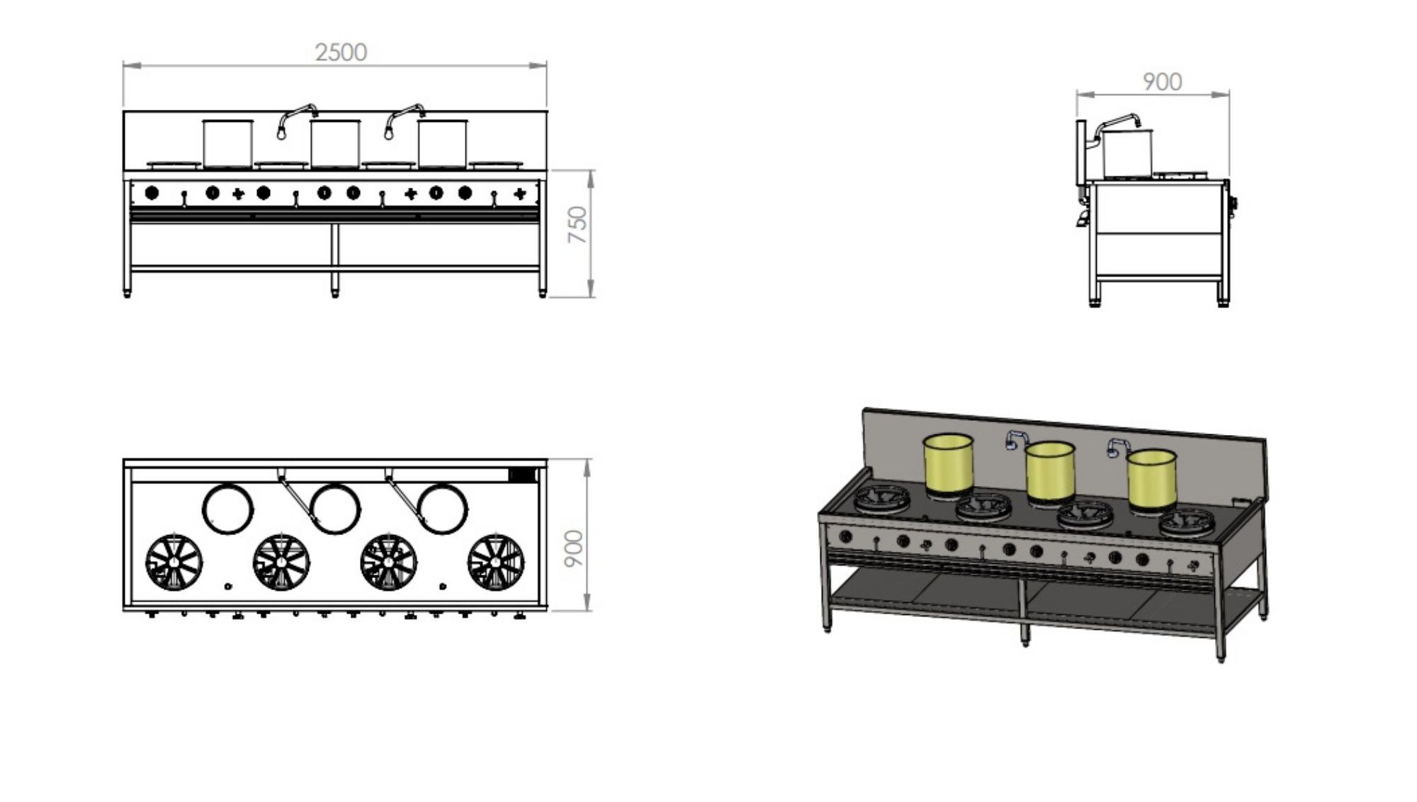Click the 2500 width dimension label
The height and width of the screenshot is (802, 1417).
341,52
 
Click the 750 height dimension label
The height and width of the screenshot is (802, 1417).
578,225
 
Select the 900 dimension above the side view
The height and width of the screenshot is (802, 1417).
1162,82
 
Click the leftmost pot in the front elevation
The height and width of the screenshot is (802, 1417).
227,143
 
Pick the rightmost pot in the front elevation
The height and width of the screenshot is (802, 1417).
442,143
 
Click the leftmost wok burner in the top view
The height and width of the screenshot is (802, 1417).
174,562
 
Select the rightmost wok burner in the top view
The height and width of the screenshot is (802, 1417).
496,562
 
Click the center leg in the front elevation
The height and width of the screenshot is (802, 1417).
335,259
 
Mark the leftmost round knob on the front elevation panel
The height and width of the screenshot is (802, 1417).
152,192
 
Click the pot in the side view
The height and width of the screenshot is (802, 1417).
1127,152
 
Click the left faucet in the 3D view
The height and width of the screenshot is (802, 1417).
1015,440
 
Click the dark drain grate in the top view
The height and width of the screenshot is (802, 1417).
523,475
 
